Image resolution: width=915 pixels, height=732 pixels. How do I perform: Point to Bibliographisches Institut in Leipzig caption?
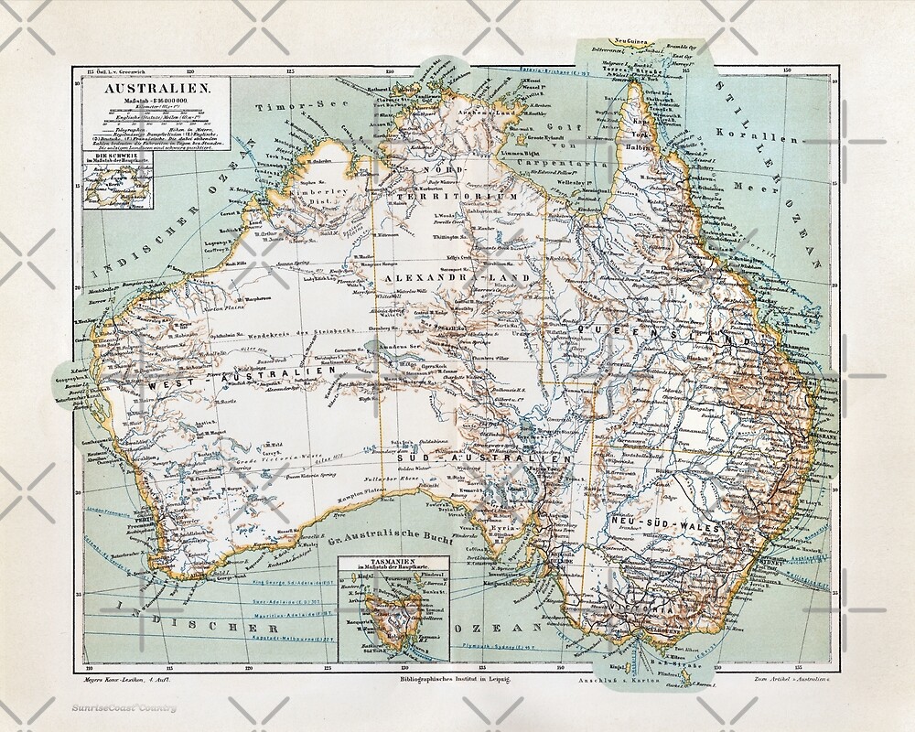pyautogui.click(x=446, y=679)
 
